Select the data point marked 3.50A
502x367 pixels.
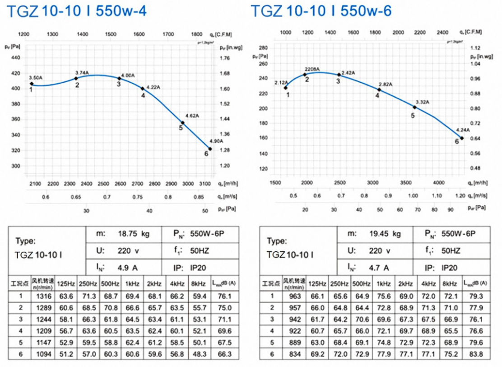click(x=31, y=84)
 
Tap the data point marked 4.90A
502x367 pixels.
click(x=210, y=149)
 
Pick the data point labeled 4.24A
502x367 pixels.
click(x=462, y=138)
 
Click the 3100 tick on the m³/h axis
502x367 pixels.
click(x=205, y=183)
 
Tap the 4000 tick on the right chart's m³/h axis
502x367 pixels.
click(x=438, y=183)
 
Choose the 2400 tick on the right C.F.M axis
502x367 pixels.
click(x=443, y=33)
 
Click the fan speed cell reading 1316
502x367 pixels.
click(x=42, y=296)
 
